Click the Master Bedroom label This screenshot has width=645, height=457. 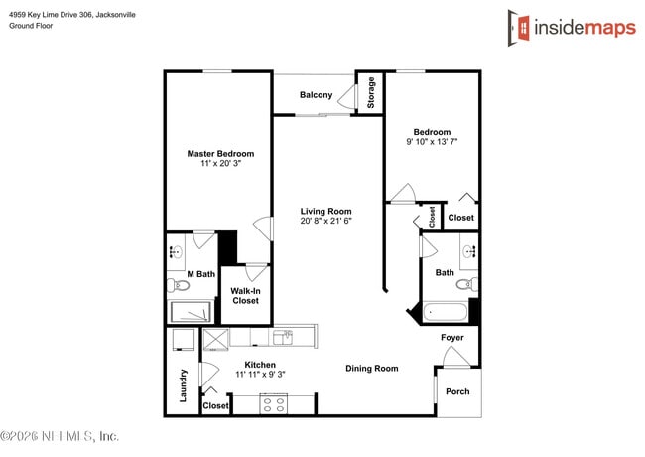[x=220, y=154]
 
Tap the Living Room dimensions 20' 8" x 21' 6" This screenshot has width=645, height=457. [x=326, y=222]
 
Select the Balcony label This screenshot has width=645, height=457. [x=316, y=95]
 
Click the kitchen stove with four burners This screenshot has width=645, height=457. [x=274, y=403]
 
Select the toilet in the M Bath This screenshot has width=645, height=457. [x=180, y=286]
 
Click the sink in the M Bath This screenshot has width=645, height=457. [x=175, y=249]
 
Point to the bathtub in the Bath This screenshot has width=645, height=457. [x=445, y=313]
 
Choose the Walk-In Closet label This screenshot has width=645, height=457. [x=245, y=296]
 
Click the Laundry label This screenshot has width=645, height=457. [x=184, y=386]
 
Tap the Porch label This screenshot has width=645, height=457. [x=457, y=391]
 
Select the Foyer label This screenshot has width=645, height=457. [x=452, y=338]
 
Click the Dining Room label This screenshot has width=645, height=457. [x=371, y=369]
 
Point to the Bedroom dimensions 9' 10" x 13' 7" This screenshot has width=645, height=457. [x=432, y=143]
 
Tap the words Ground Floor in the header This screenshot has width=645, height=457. [x=31, y=26]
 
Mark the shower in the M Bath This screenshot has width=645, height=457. [x=191, y=312]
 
